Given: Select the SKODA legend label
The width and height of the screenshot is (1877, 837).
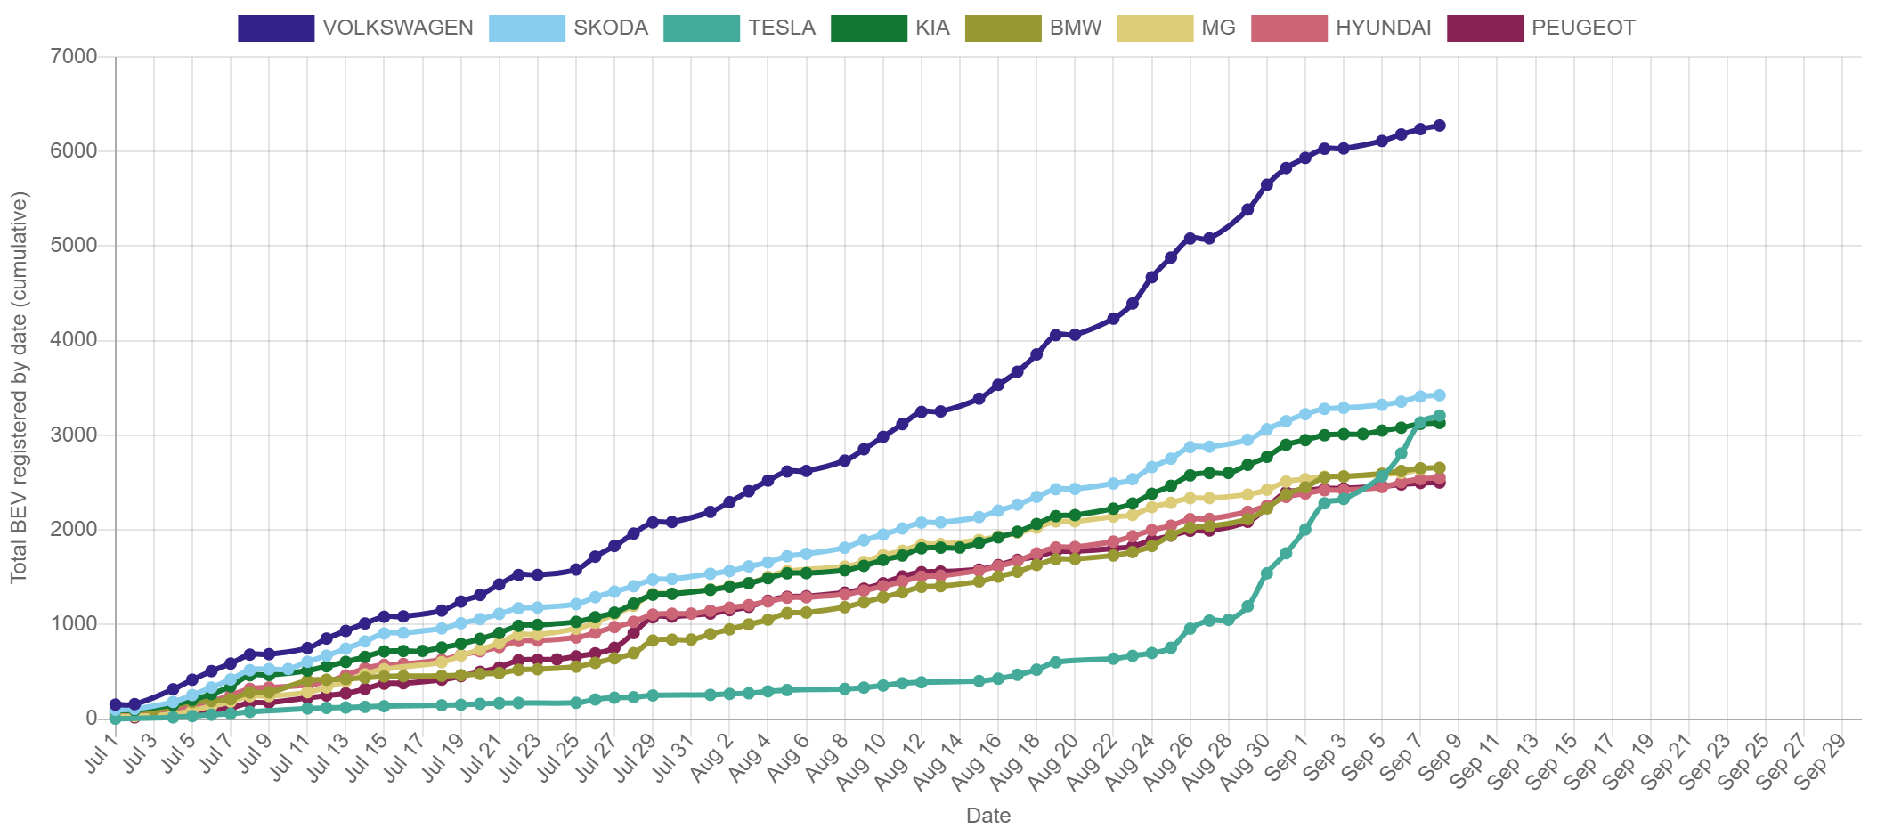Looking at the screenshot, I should (611, 28).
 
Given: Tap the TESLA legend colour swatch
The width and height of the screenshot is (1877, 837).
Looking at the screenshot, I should (702, 28).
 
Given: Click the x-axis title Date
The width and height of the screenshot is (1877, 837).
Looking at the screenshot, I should (987, 816).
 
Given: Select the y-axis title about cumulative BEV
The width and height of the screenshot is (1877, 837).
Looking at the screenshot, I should (20, 387).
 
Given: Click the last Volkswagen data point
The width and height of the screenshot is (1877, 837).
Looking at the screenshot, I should (1439, 126).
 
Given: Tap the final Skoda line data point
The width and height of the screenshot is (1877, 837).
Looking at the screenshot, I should (1439, 395).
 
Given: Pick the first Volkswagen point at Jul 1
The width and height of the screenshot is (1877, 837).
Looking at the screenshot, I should (115, 704).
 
